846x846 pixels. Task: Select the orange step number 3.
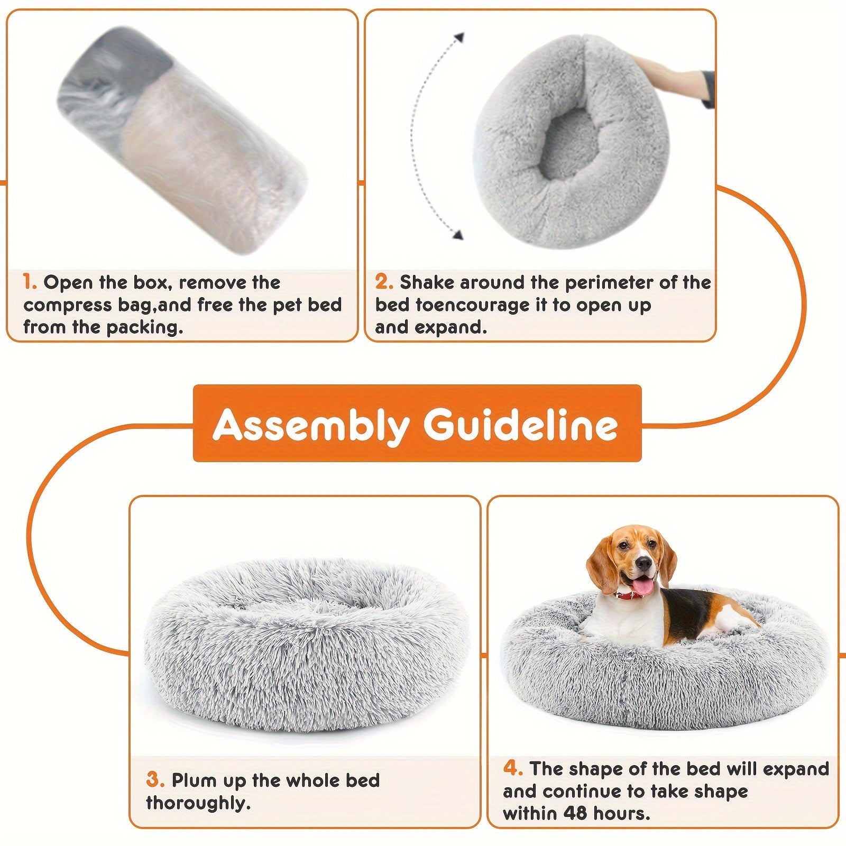point(154,780)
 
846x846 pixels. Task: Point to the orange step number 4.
point(512,768)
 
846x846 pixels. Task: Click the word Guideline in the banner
point(521,424)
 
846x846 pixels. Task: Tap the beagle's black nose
point(643,563)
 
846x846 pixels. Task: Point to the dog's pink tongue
point(645,584)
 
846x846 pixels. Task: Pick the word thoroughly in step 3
point(198,804)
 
